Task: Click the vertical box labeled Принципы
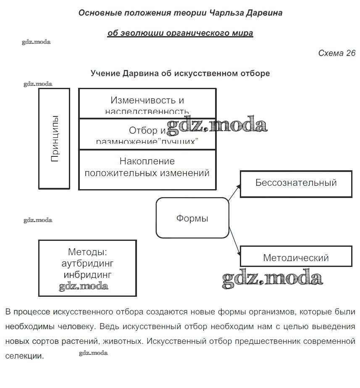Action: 54,138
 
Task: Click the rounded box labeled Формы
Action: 192,218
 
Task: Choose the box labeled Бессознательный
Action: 296,183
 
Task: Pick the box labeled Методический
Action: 296,257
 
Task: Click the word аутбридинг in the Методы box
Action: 88,263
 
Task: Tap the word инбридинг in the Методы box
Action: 88,275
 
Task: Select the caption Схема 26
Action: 337,53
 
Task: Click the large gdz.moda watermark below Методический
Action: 272,279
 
